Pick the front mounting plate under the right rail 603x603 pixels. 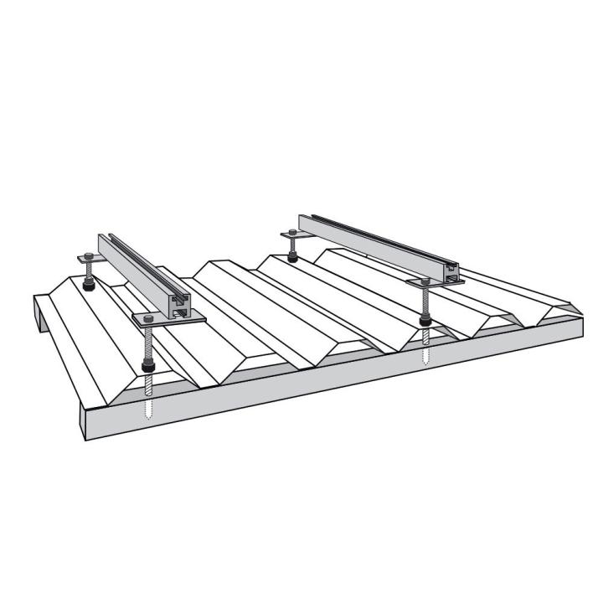tap(435, 282)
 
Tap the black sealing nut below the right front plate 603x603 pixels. tap(425, 320)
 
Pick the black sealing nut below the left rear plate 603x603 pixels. tap(88, 286)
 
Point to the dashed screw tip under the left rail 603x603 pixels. tap(149, 408)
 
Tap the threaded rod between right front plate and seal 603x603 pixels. tap(425, 301)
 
